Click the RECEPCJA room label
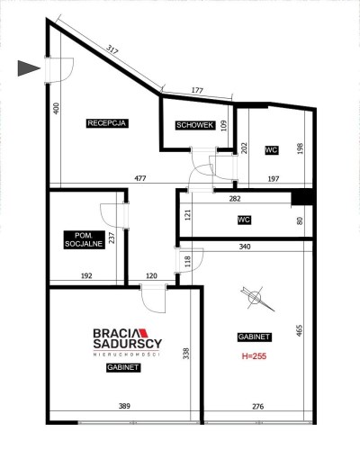pyautogui.click(x=107, y=123)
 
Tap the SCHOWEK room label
pyautogui.click(x=195, y=125)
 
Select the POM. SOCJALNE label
pyautogui.click(x=85, y=239)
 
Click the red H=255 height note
pyautogui.click(x=254, y=356)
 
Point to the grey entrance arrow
pyautogui.click(x=29, y=68)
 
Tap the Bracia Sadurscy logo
pyautogui.click(x=128, y=342)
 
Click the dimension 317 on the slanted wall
pyautogui.click(x=112, y=49)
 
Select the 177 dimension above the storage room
pyautogui.click(x=197, y=90)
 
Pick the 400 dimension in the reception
pyautogui.click(x=56, y=108)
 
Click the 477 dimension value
pyautogui.click(x=140, y=178)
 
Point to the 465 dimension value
pyautogui.click(x=299, y=330)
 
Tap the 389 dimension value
pyautogui.click(x=124, y=406)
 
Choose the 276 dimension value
pyautogui.click(x=257, y=407)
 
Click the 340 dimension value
pyautogui.click(x=245, y=247)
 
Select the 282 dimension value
pyautogui.click(x=235, y=199)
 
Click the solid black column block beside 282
pyautogui.click(x=302, y=198)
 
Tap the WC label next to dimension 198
pyautogui.click(x=272, y=150)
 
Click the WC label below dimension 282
pyautogui.click(x=244, y=220)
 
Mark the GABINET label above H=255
pyautogui.click(x=255, y=337)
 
